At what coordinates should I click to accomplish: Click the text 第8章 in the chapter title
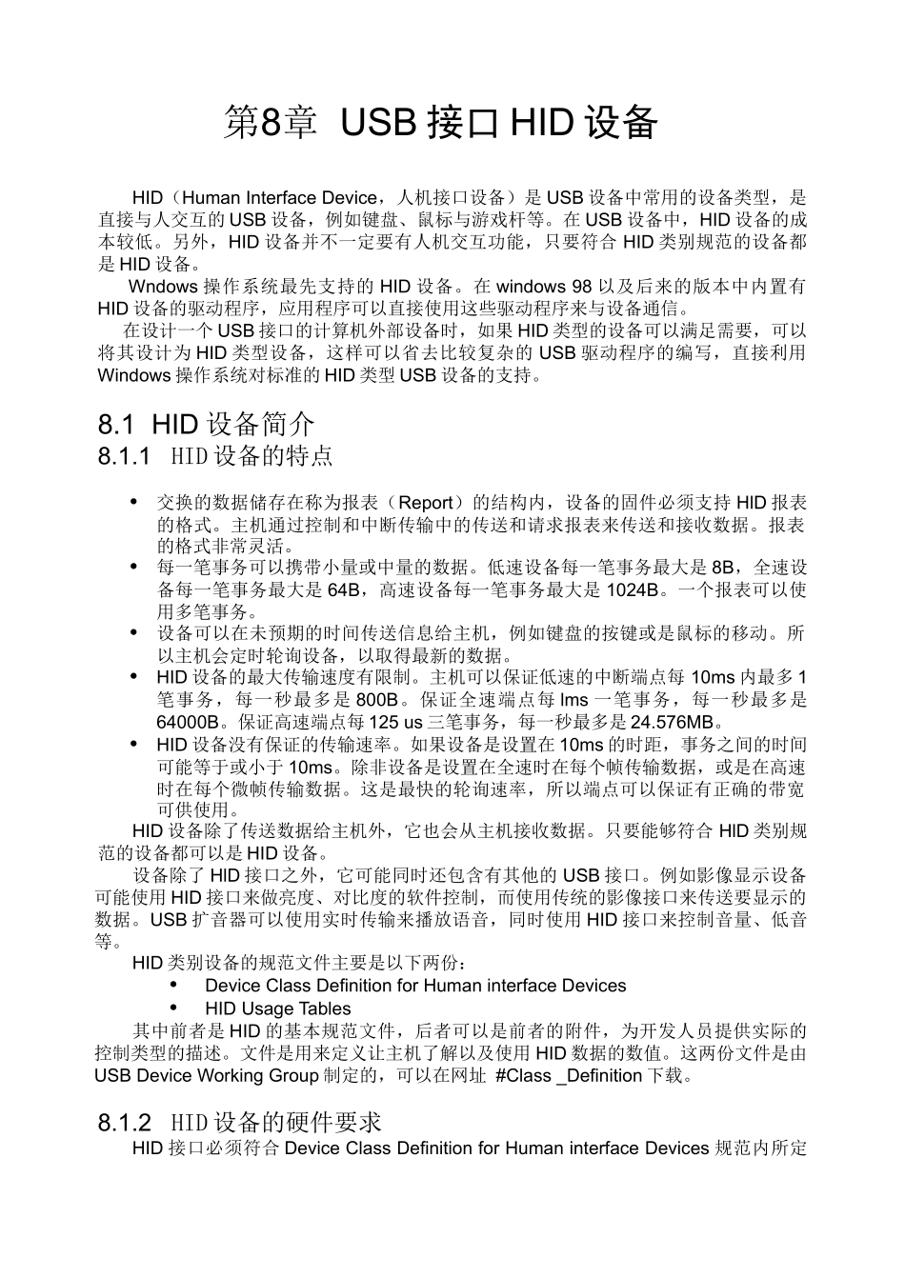(x=270, y=124)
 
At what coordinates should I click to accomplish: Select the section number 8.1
(x=119, y=424)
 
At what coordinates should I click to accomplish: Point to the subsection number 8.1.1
(x=125, y=456)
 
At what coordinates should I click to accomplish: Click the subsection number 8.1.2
(x=125, y=1123)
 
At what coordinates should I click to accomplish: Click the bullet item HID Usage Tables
(x=277, y=1008)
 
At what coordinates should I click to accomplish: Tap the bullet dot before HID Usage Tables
(x=174, y=1008)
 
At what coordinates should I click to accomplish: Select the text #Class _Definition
(x=569, y=1076)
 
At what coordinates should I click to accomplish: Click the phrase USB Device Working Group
(x=207, y=1076)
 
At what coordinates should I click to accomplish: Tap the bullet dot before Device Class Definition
(x=174, y=985)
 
